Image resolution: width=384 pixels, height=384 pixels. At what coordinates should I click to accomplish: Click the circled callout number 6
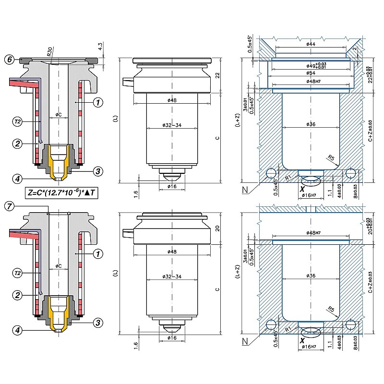(x=9, y=60)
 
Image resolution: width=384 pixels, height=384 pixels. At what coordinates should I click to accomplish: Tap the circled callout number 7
(x=9, y=207)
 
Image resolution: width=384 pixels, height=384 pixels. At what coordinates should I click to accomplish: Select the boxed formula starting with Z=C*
(x=64, y=193)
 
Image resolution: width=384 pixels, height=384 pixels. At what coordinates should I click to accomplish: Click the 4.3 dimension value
(x=100, y=47)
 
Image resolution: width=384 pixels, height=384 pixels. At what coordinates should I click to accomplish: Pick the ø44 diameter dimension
(x=311, y=45)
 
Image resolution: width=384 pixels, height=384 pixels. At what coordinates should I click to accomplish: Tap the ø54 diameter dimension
(x=311, y=73)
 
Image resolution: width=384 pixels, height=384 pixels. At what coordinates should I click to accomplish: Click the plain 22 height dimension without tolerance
(x=217, y=75)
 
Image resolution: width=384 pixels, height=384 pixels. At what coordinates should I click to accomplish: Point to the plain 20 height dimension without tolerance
(x=217, y=229)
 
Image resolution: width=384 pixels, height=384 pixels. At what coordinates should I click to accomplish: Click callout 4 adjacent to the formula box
(x=17, y=179)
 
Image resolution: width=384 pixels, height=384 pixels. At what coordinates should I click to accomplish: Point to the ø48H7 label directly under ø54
(x=311, y=82)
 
